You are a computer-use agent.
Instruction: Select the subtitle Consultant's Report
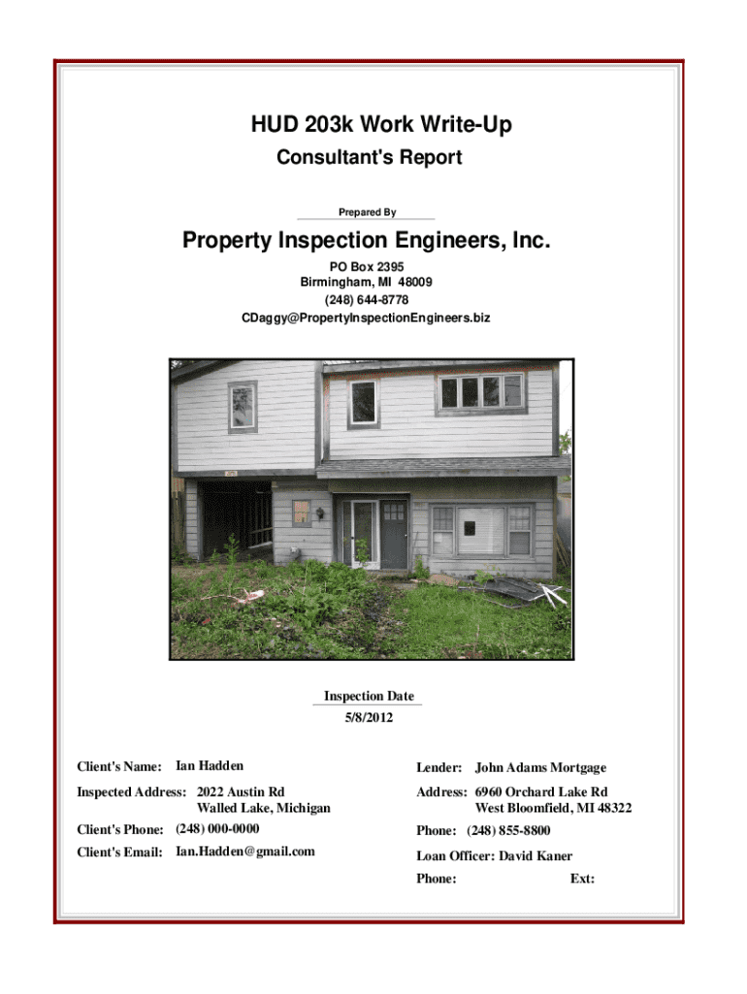370,157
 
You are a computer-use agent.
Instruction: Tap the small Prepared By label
367,212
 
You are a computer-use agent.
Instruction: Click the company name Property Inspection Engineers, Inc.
367,241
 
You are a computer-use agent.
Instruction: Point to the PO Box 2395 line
367,266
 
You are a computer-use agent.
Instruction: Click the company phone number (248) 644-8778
367,300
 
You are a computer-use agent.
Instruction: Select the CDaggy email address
367,317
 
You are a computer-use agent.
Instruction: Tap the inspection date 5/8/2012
368,717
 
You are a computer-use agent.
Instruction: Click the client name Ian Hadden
210,767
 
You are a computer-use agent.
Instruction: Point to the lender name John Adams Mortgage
540,768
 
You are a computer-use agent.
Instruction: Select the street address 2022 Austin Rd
241,792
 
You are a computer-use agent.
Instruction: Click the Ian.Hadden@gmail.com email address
245,851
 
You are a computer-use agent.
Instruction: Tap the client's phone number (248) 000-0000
217,829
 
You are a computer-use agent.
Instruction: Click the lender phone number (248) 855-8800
508,831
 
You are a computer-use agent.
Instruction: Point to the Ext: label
582,879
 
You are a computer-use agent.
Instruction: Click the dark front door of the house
394,534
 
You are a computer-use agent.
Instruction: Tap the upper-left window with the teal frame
243,407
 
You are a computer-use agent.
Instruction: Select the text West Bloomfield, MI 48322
553,808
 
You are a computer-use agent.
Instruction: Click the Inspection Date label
368,696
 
